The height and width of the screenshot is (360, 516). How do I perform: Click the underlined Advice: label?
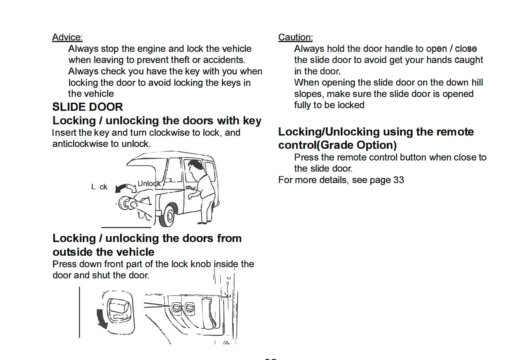pyautogui.click(x=67, y=37)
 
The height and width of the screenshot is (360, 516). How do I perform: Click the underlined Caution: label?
pyautogui.click(x=295, y=37)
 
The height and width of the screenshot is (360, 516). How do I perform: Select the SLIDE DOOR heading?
pyautogui.click(x=88, y=107)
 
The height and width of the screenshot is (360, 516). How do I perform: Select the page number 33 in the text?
pyautogui.click(x=399, y=180)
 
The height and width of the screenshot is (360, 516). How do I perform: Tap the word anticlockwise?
pyautogui.click(x=80, y=144)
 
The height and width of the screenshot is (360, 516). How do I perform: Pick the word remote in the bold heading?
pyautogui.click(x=455, y=132)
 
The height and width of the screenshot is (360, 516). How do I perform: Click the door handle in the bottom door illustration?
pyautogui.click(x=209, y=313)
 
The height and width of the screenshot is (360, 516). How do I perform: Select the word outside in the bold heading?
pyautogui.click(x=73, y=252)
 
